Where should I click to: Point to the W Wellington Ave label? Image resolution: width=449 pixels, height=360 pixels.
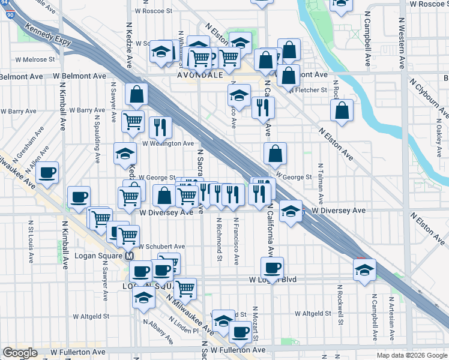[x=167, y=144]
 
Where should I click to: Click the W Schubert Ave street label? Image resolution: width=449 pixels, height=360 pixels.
[x=161, y=247]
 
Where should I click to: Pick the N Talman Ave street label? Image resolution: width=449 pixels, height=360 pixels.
[x=321, y=182]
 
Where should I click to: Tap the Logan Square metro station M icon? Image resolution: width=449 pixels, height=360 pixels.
[x=129, y=256]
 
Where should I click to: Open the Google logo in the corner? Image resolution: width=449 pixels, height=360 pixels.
[x=20, y=353]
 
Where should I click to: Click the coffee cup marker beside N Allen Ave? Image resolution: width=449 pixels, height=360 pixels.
[x=47, y=173]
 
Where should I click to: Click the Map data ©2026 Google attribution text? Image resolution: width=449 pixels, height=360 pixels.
[x=411, y=355]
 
